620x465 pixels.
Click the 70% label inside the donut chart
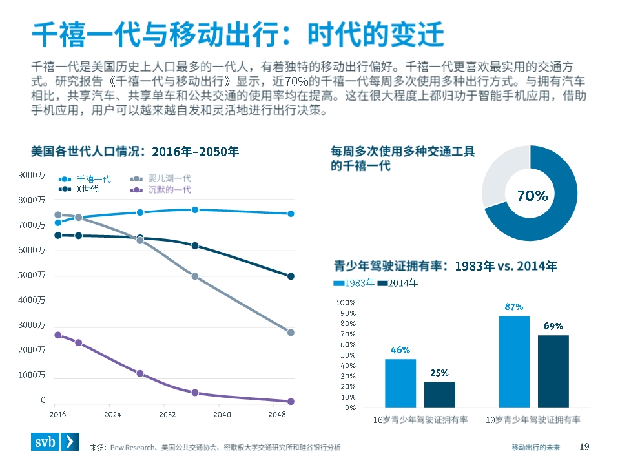click(532, 196)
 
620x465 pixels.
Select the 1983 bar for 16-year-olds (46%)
click(400, 383)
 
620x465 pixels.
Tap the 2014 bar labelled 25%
click(439, 395)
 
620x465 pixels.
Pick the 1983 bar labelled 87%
click(514, 362)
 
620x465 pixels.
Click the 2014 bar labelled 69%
click(553, 371)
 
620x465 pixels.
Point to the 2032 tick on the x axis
click(167, 414)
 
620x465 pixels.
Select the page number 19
click(585, 446)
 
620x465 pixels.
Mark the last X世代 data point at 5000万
click(291, 276)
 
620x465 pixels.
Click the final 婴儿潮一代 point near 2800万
click(291, 333)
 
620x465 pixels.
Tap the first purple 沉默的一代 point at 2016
click(57, 335)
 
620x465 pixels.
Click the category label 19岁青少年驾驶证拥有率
click(533, 420)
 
